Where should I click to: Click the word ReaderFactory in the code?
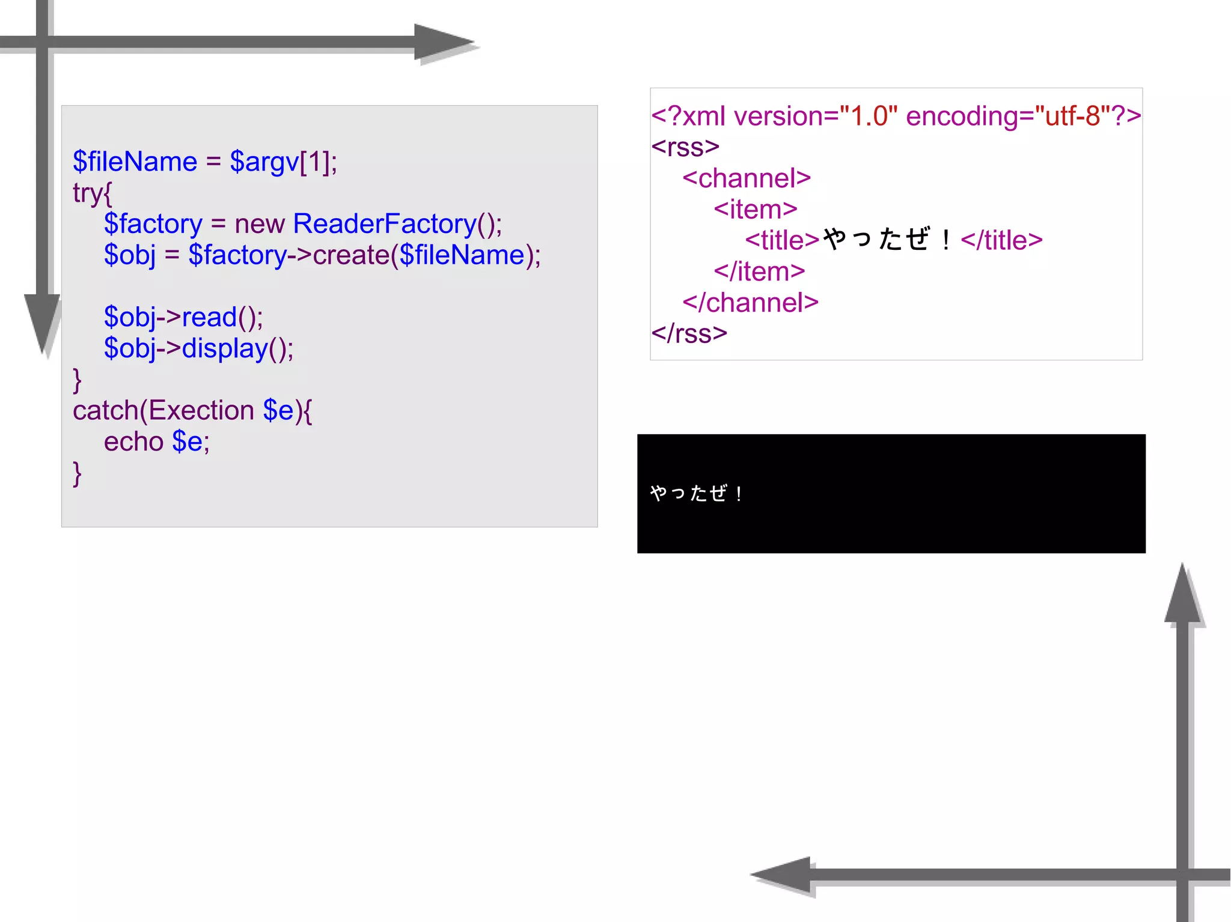[x=385, y=224]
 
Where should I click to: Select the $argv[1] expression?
[x=283, y=162]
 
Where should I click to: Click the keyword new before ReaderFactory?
[x=259, y=225]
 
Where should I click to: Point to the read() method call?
[x=222, y=318]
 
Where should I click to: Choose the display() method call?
[x=237, y=349]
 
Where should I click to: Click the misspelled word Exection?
[x=201, y=411]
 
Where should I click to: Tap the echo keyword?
[x=133, y=442]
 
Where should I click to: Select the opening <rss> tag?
[x=685, y=147]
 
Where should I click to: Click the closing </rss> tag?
[x=689, y=334]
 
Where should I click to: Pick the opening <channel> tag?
[x=747, y=178]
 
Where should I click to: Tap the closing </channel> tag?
[x=750, y=303]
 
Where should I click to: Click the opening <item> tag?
[x=755, y=210]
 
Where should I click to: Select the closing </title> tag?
[x=1001, y=240]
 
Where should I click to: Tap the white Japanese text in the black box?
[x=696, y=494]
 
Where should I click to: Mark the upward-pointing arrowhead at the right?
[x=1182, y=595]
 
